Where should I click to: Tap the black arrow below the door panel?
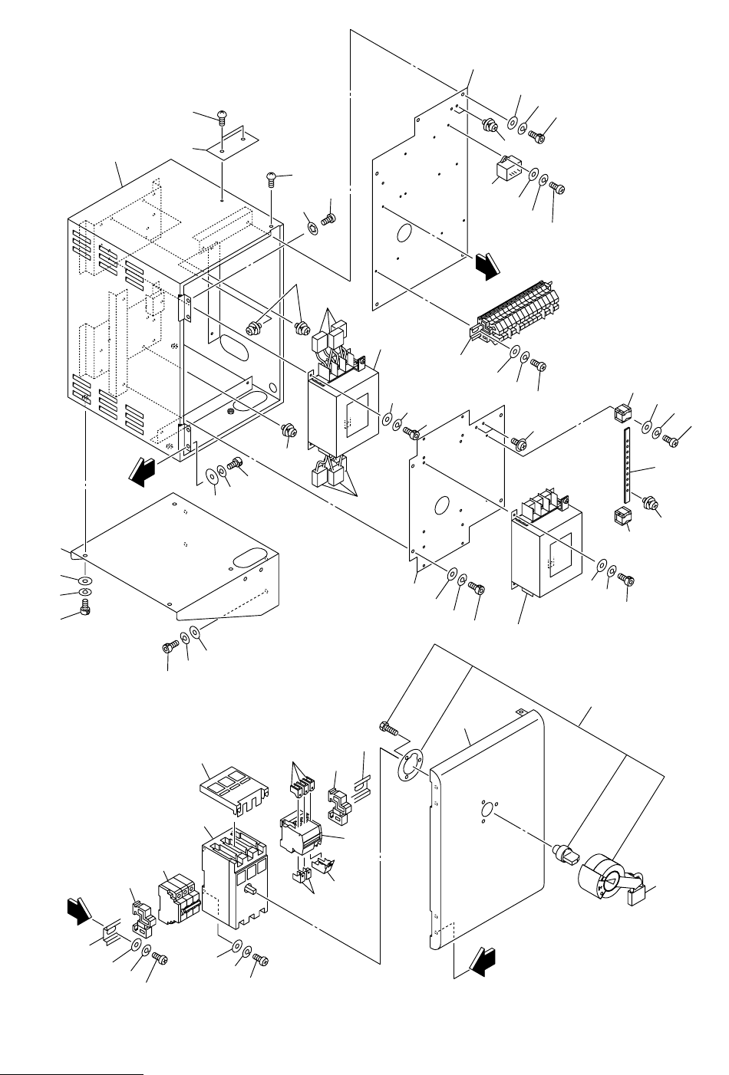click(483, 962)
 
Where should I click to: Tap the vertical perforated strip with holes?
click(628, 463)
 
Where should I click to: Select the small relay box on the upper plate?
click(506, 171)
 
